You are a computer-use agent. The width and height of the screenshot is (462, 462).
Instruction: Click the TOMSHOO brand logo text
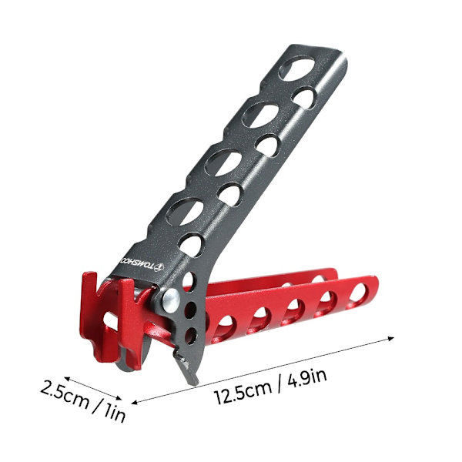coord(137,264)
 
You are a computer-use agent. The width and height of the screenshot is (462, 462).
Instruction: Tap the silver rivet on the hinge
coord(172,299)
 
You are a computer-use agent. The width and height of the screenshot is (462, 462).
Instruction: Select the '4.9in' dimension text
coord(307,377)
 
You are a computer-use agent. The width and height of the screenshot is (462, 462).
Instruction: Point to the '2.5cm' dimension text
coord(65,394)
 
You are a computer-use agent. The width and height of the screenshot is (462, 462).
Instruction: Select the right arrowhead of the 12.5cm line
coord(391,338)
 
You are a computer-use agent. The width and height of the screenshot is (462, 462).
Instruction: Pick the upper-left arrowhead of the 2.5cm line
coord(67,378)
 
